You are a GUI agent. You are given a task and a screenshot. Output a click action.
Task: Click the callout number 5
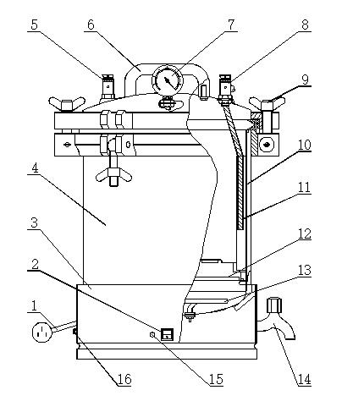pos(34,25)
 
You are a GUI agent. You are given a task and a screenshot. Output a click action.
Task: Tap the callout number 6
pos(91,25)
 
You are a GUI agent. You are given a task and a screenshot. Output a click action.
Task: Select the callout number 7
pos(231,25)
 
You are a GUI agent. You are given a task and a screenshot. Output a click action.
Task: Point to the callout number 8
pos(305,25)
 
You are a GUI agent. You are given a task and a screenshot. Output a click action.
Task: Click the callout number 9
pos(305,80)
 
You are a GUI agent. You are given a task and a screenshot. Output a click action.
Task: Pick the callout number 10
pos(304,145)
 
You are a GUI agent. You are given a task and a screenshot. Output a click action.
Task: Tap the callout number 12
pos(304,233)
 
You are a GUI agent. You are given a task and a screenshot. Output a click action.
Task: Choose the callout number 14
pos(304,379)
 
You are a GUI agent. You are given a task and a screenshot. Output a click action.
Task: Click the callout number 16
pos(124,379)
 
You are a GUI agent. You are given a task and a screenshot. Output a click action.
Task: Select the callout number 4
pos(35,168)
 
